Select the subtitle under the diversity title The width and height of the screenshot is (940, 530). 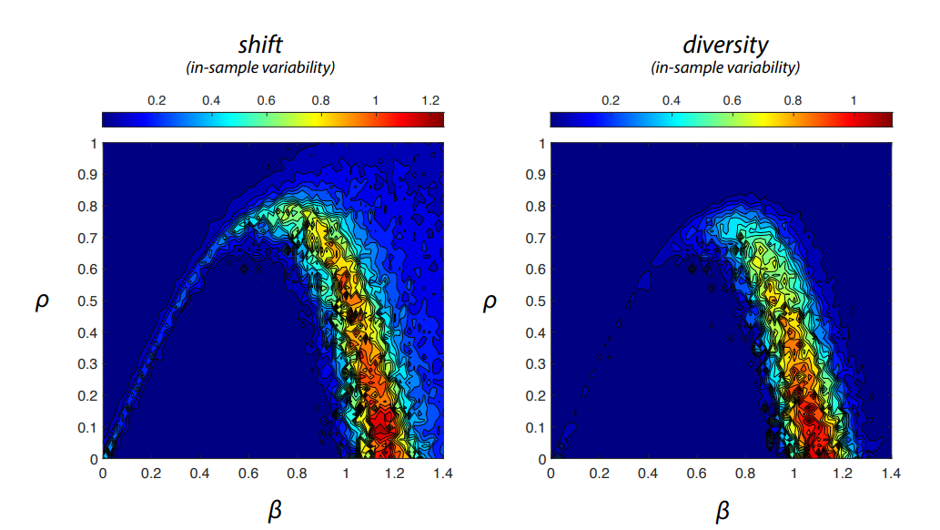pyautogui.click(x=724, y=67)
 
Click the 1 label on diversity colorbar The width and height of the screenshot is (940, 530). pyautogui.click(x=853, y=100)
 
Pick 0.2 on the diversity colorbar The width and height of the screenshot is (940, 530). pyautogui.click(x=610, y=100)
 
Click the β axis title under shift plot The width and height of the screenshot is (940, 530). pyautogui.click(x=274, y=511)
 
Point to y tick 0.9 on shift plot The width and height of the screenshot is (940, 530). pyautogui.click(x=88, y=175)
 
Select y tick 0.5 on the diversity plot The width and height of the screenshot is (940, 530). pyautogui.click(x=536, y=301)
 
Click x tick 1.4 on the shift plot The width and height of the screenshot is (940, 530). pyautogui.click(x=443, y=474)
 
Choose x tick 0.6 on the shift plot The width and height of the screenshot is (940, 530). pyautogui.click(x=248, y=474)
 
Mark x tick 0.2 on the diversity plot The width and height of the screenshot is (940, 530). pyautogui.click(x=599, y=474)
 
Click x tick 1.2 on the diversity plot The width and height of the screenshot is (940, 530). pyautogui.click(x=843, y=474)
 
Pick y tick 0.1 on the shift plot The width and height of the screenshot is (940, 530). pyautogui.click(x=88, y=428)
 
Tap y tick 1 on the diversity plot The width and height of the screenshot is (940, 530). pyautogui.click(x=542, y=144)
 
